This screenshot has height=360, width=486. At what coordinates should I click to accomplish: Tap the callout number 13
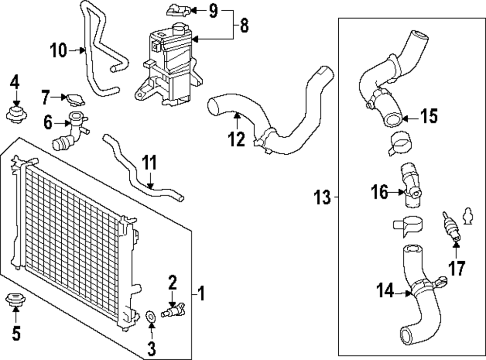tap(322, 198)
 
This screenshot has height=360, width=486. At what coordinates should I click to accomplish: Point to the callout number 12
tap(237, 139)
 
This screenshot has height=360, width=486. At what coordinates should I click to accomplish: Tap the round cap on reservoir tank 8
tap(178, 28)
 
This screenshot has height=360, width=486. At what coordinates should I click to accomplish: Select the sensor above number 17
tap(450, 226)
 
